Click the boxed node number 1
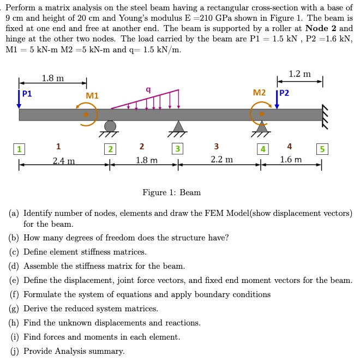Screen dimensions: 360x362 click(x=20, y=149)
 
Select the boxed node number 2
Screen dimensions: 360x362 click(x=110, y=149)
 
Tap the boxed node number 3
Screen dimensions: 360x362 click(x=177, y=149)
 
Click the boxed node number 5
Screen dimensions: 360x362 click(x=322, y=149)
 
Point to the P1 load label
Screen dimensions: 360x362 click(x=27, y=93)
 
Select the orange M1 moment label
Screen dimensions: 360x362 click(x=92, y=96)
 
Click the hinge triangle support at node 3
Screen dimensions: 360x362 click(x=177, y=126)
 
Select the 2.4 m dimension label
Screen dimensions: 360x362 click(x=64, y=161)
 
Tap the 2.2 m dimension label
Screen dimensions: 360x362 click(x=221, y=160)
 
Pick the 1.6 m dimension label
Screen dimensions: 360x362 click(x=290, y=160)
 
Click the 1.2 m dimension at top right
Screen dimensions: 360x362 click(x=299, y=74)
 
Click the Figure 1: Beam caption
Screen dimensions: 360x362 click(x=171, y=192)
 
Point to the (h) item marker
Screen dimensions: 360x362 click(x=14, y=323)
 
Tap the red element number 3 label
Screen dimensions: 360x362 click(x=217, y=146)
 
